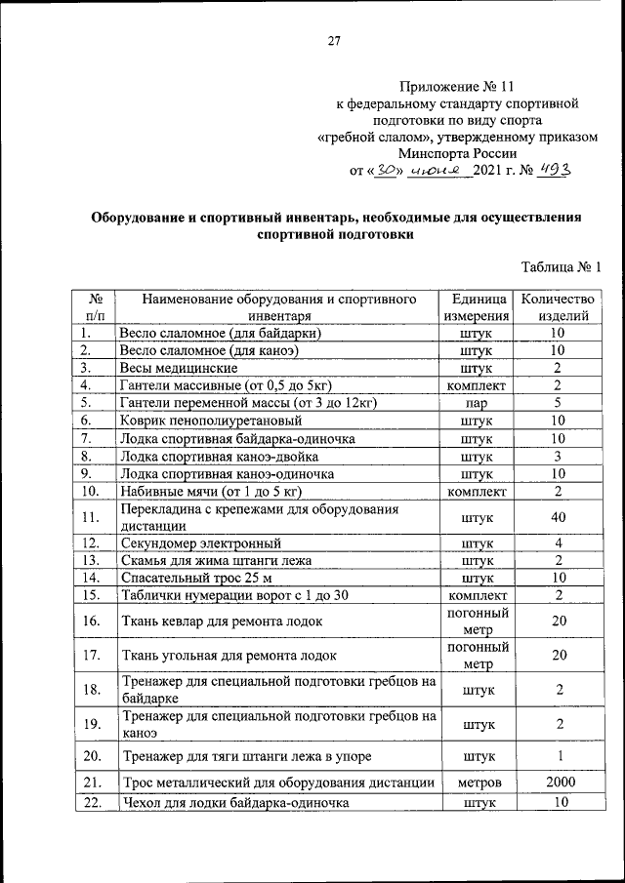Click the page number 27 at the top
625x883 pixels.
click(x=333, y=40)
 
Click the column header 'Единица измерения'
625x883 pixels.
click(x=476, y=307)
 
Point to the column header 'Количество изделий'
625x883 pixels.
click(x=558, y=307)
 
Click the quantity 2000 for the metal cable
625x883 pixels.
click(x=558, y=783)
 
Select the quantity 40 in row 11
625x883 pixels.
click(x=558, y=517)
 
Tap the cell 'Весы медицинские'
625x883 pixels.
click(x=179, y=368)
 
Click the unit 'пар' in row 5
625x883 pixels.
click(x=476, y=402)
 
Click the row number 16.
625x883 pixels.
click(x=93, y=621)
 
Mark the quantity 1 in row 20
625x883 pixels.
click(x=558, y=755)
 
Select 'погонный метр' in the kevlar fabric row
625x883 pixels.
click(x=476, y=621)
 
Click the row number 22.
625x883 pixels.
click(x=93, y=802)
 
